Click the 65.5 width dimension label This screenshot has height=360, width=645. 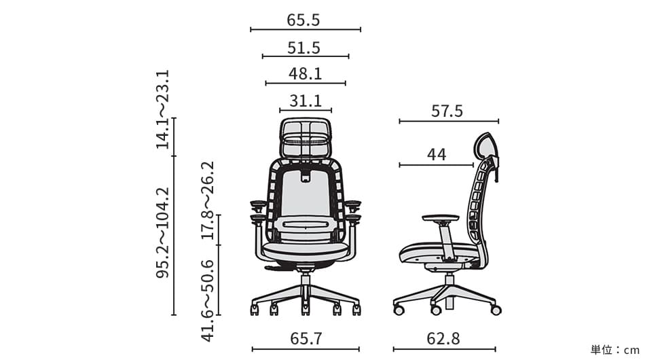[x=303, y=20]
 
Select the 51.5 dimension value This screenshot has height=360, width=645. [x=303, y=48]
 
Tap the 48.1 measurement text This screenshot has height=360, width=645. [x=306, y=73]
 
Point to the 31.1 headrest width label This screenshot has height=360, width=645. [x=306, y=101]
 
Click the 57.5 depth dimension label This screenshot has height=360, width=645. [x=447, y=111]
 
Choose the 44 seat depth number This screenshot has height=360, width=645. [x=437, y=155]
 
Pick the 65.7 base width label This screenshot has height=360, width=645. [x=306, y=339]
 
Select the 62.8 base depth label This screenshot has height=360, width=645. [x=443, y=339]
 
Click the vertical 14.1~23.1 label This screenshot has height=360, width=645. [x=162, y=109]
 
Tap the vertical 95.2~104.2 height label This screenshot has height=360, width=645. [x=162, y=233]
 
